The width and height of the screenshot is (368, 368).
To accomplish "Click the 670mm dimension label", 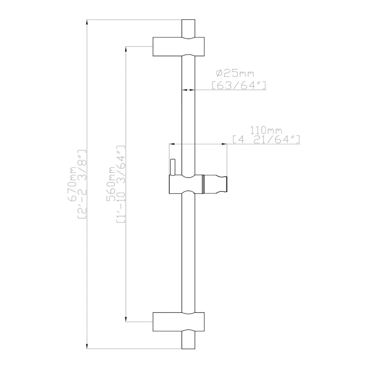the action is point(72,184).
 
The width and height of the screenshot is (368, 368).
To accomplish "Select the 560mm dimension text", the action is point(111,184).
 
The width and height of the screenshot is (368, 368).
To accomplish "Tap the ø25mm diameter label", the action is point(235,74).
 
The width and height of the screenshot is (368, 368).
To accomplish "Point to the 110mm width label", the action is point(266,130).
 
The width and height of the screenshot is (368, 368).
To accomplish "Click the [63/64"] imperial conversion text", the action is point(239,85).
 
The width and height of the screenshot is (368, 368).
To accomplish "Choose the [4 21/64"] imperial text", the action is point(266,139).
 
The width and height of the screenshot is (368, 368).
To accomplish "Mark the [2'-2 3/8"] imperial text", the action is point(82,184).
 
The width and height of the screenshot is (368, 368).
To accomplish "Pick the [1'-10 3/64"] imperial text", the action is point(121,184).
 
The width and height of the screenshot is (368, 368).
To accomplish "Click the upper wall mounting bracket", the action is point(179,46).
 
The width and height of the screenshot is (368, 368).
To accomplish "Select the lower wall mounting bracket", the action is point(179,322).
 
